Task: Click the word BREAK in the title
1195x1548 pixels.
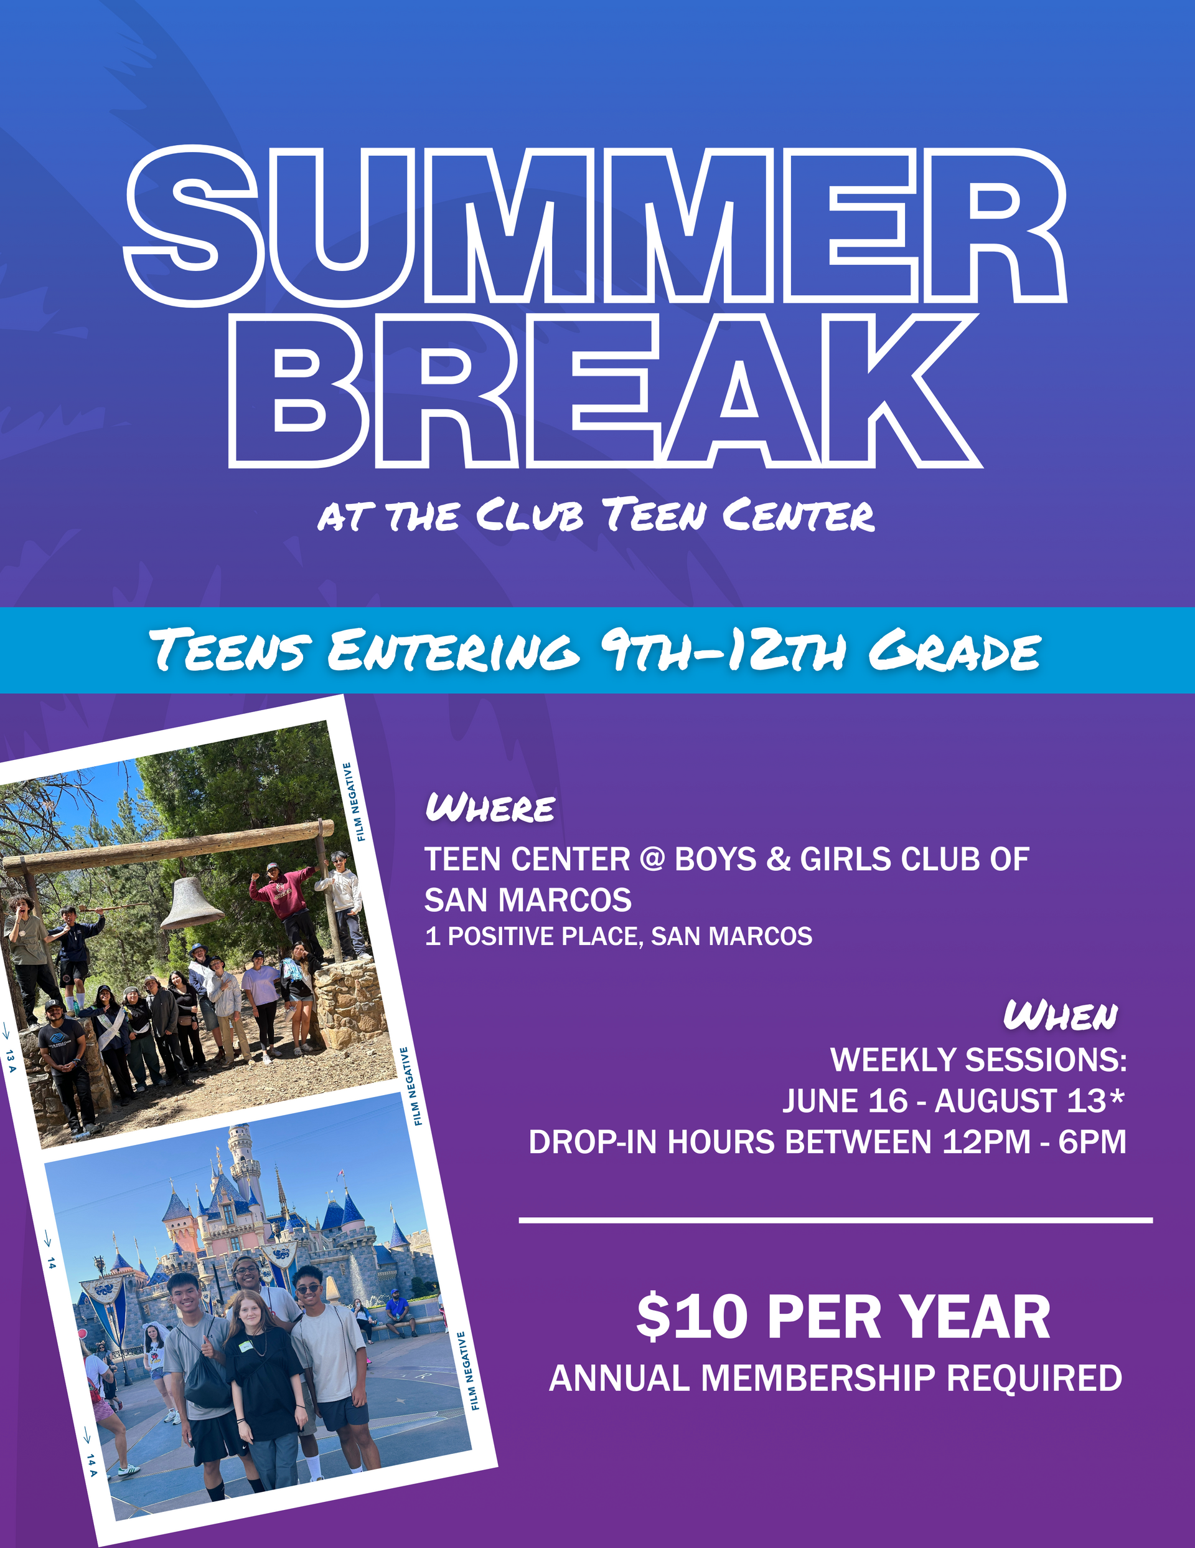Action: pyautogui.click(x=606, y=391)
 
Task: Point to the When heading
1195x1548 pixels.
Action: pyautogui.click(x=1061, y=1015)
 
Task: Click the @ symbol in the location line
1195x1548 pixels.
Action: pyautogui.click(x=652, y=860)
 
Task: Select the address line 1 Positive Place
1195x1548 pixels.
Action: pyautogui.click(x=619, y=936)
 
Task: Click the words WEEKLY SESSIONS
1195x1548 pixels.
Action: pyautogui.click(x=978, y=1060)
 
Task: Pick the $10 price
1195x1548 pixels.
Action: pyautogui.click(x=691, y=1316)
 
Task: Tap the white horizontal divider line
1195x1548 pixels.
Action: pyautogui.click(x=836, y=1220)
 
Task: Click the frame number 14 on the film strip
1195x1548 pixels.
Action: pyautogui.click(x=51, y=1263)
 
